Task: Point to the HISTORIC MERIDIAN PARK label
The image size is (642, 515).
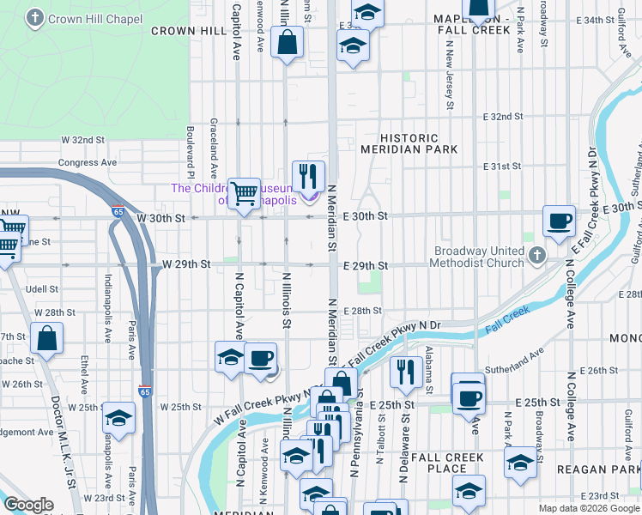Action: [x=421, y=143]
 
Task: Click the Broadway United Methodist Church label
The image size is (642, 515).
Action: [x=478, y=257]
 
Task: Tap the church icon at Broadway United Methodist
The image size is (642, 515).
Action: [x=537, y=255]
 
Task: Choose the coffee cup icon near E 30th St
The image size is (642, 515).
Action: [x=559, y=221]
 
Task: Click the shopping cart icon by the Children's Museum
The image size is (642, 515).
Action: [x=245, y=192]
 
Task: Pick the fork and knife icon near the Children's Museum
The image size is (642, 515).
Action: [x=309, y=176]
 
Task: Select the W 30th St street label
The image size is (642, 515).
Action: [x=160, y=219]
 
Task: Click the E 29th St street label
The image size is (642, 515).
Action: [x=366, y=266]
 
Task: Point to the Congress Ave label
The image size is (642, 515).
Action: [x=87, y=162]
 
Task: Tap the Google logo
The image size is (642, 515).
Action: [x=28, y=505]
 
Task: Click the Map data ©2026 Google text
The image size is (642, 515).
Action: [x=589, y=508]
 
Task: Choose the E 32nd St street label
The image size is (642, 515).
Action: [x=503, y=116]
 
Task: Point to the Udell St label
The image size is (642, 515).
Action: [x=41, y=289]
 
